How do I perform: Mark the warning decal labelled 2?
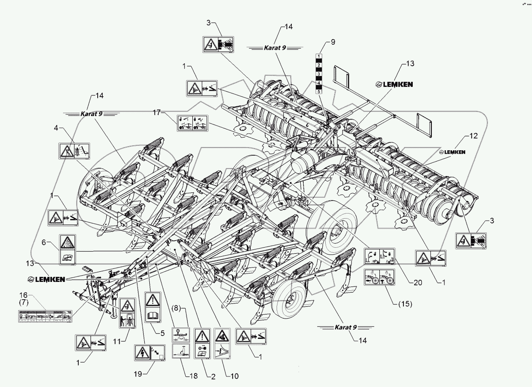[202, 343]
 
